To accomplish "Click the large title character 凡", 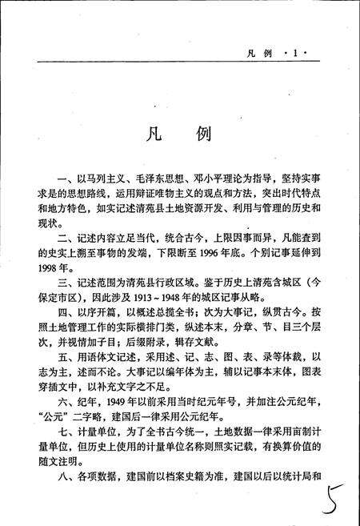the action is click(153, 134).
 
